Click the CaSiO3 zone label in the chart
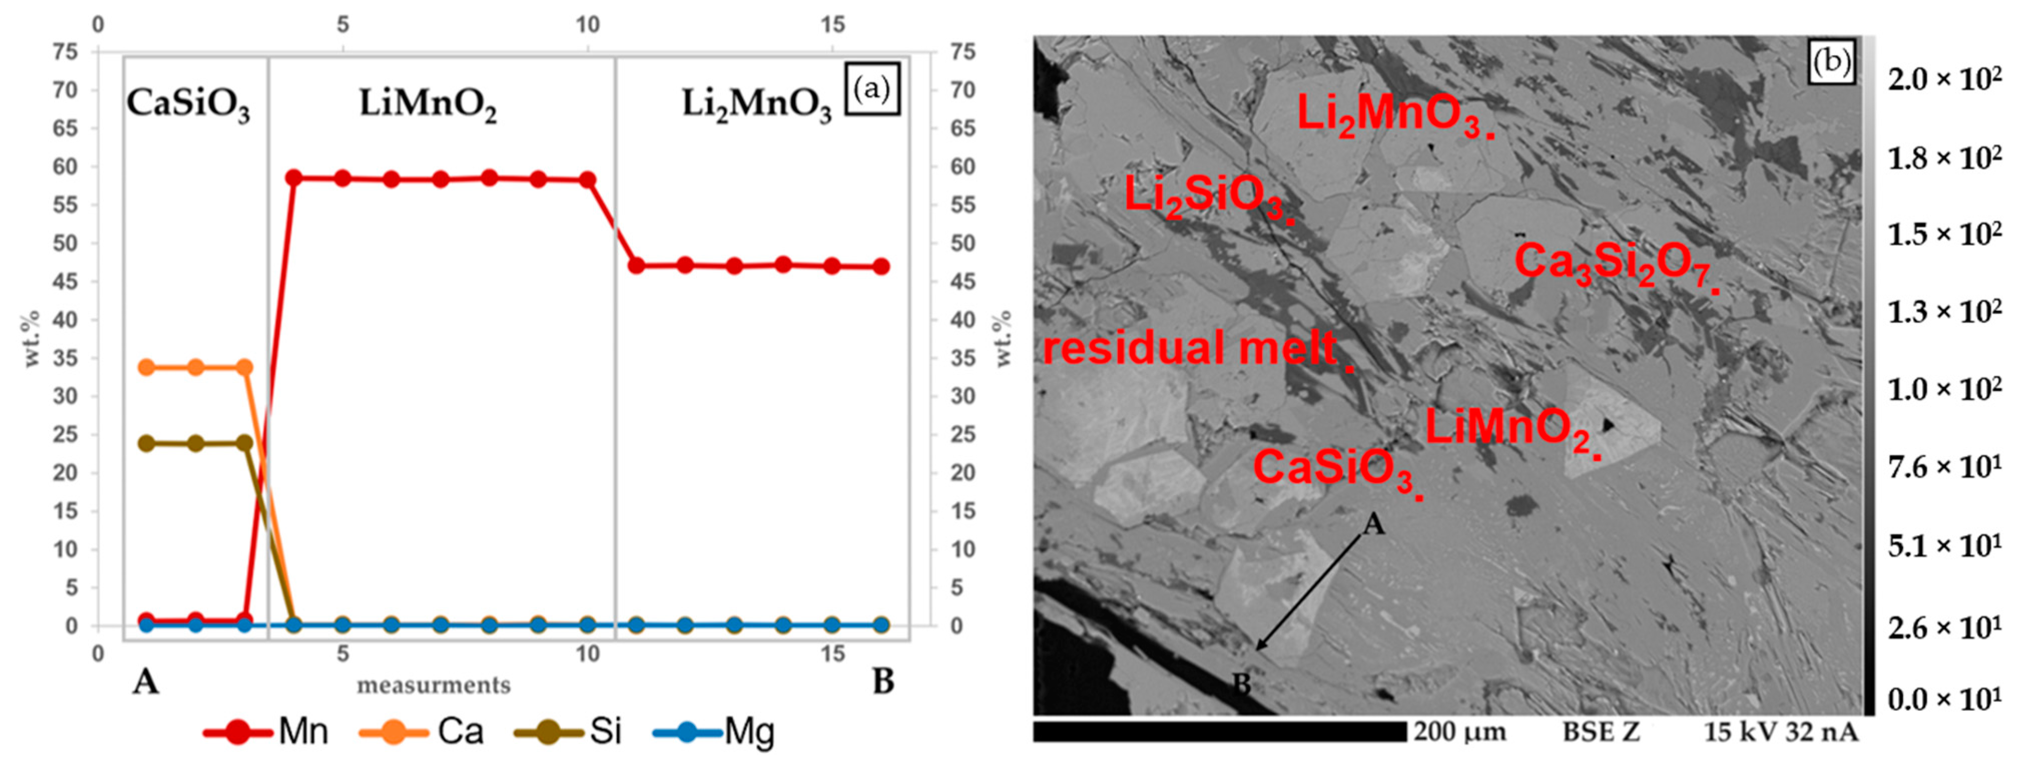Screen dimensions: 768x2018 pyautogui.click(x=188, y=104)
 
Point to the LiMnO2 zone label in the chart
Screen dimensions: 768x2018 pyautogui.click(x=428, y=104)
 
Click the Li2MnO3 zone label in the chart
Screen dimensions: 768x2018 pyautogui.click(x=756, y=104)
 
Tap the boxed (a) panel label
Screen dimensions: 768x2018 pyautogui.click(x=872, y=89)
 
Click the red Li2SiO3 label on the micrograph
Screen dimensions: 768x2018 pyautogui.click(x=1206, y=196)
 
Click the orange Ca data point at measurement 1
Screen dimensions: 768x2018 pyautogui.click(x=146, y=367)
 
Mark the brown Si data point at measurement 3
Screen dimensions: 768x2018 pyautogui.click(x=244, y=443)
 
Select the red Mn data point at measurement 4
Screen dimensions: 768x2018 pyautogui.click(x=294, y=178)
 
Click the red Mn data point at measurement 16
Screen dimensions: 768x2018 pyautogui.click(x=881, y=266)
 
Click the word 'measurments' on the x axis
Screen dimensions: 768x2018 pyautogui.click(x=433, y=685)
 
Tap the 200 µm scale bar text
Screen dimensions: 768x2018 pyautogui.click(x=1459, y=732)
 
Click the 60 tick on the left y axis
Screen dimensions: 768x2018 pyautogui.click(x=65, y=167)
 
